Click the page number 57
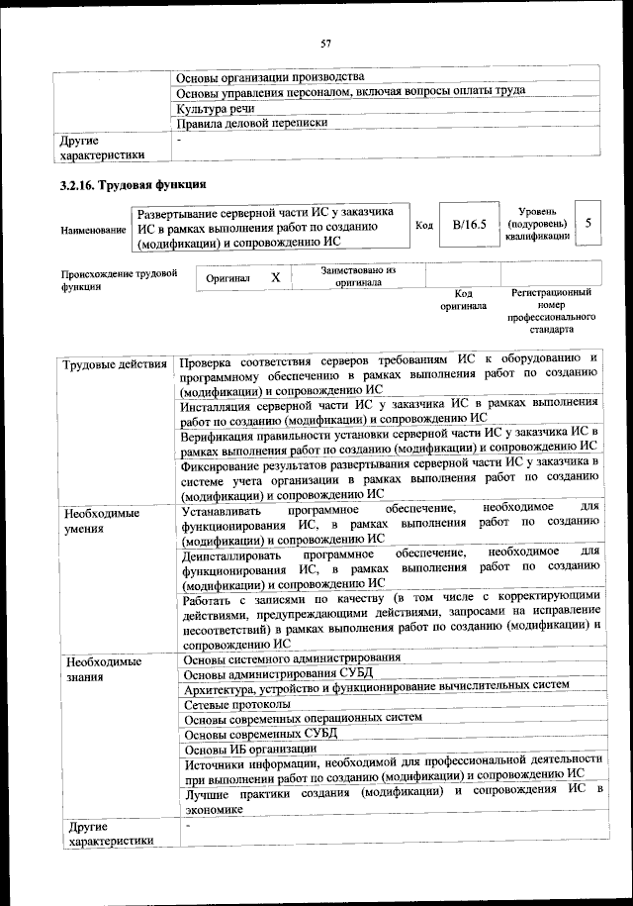coord(324,42)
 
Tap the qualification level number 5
coord(588,224)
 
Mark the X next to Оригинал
coord(276,278)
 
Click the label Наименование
coord(93,230)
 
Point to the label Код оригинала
coord(463,299)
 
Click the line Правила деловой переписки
coord(250,124)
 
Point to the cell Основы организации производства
coord(269,77)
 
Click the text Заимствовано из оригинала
coord(358,275)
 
